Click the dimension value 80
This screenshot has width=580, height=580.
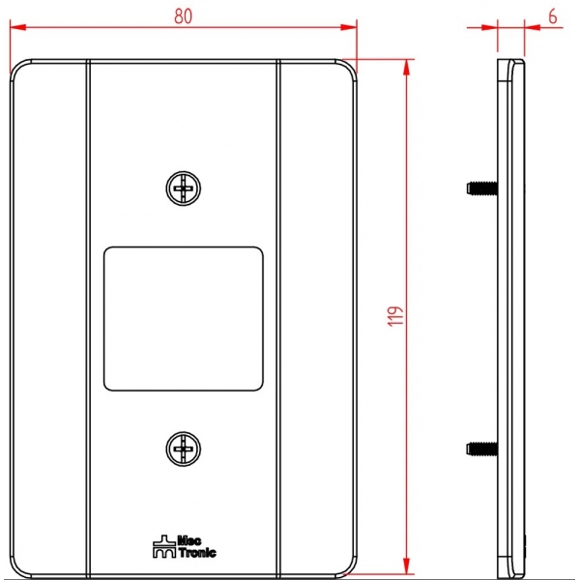183,16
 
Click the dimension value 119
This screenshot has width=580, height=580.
395,316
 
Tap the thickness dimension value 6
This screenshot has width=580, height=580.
552,16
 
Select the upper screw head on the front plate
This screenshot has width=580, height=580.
184,188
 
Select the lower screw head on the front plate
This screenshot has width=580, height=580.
184,449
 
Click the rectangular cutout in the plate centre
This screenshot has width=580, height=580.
184,319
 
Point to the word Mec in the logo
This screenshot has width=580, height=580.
189,540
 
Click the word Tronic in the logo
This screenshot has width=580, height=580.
197,553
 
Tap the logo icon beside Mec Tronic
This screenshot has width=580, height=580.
164,546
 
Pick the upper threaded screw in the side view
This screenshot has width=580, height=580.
482,188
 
